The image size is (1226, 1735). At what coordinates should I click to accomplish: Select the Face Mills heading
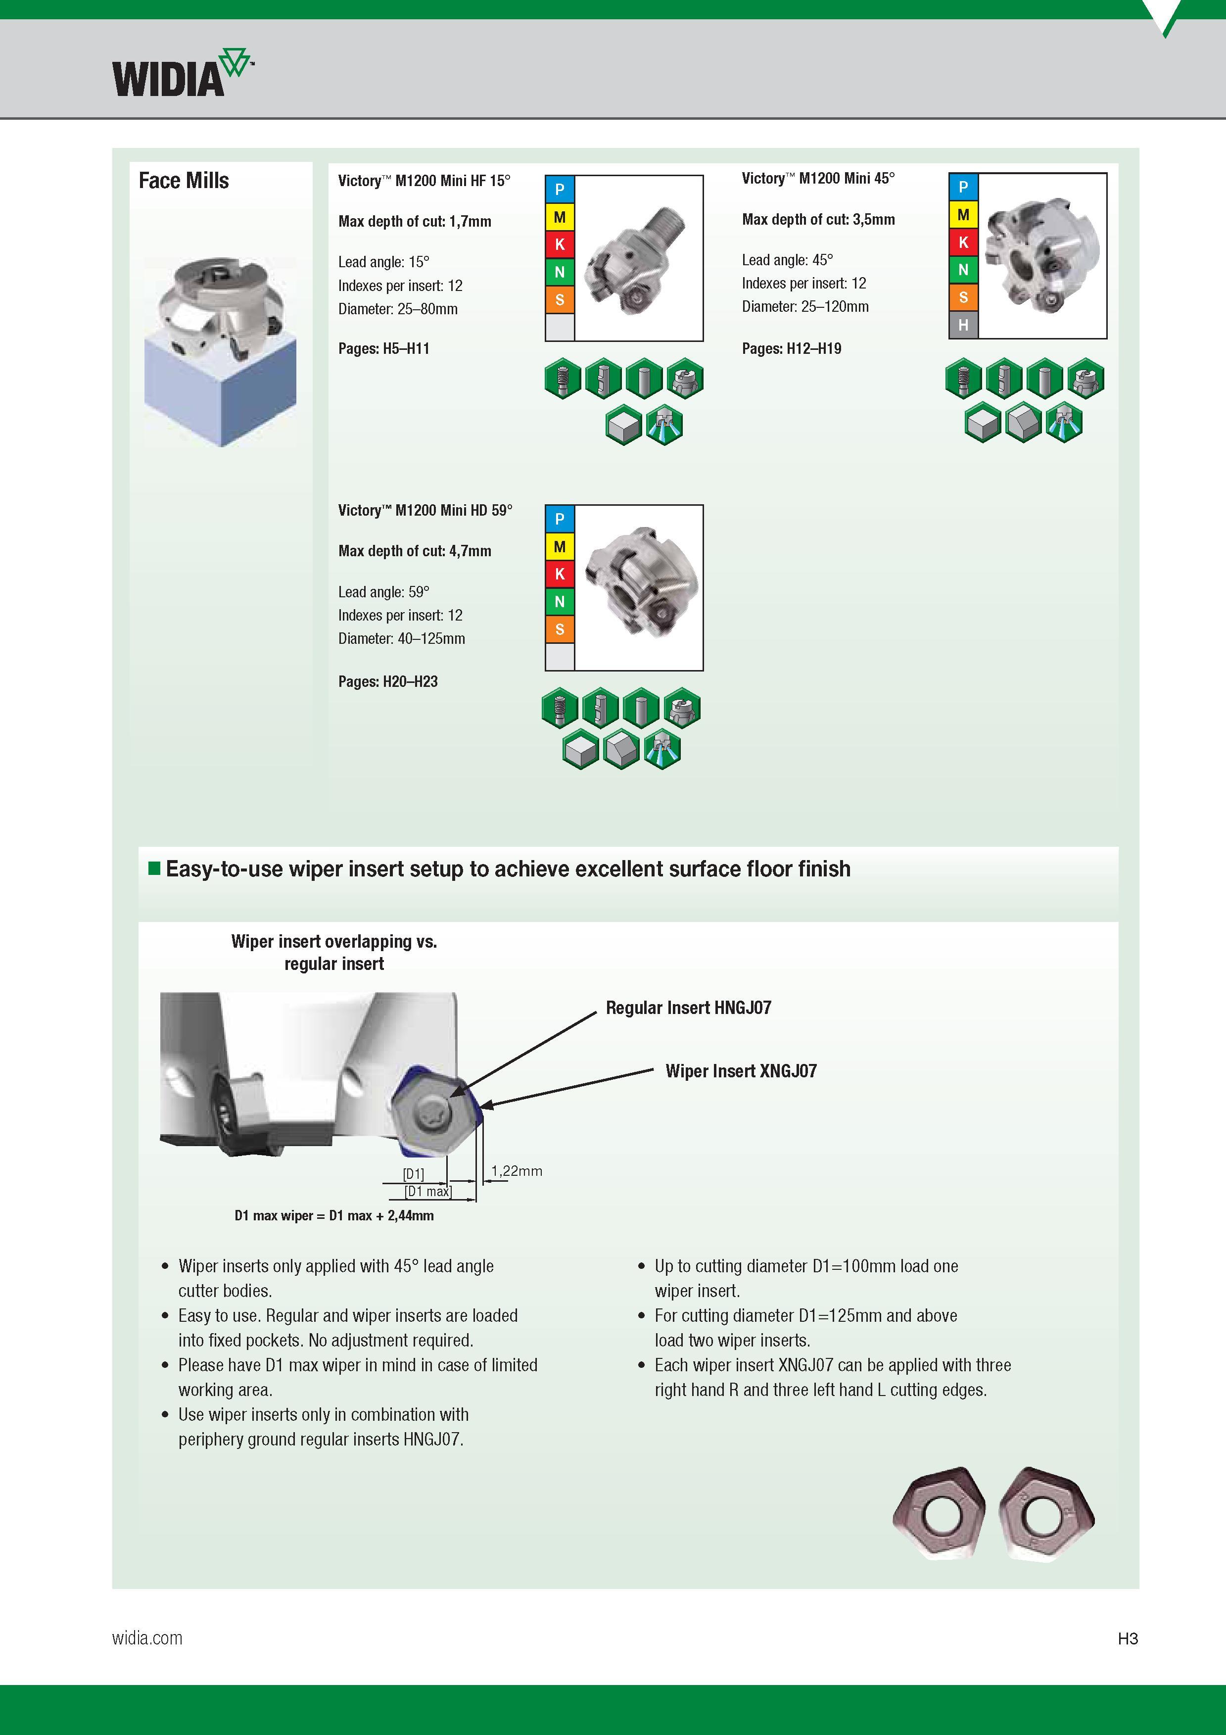(x=184, y=181)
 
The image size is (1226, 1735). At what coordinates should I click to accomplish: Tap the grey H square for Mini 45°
(x=963, y=325)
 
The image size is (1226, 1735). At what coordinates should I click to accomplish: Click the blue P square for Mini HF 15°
(x=560, y=189)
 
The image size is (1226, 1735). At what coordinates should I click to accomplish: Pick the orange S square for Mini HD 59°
(x=560, y=628)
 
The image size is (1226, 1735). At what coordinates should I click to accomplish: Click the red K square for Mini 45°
(x=963, y=242)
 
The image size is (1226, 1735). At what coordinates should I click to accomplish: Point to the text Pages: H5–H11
(x=384, y=348)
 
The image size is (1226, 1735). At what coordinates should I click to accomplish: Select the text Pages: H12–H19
(x=792, y=348)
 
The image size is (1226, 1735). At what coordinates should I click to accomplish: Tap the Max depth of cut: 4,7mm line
(x=415, y=551)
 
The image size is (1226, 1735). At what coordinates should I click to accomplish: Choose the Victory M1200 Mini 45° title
(x=818, y=178)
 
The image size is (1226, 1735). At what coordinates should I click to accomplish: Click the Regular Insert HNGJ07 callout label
(x=688, y=1007)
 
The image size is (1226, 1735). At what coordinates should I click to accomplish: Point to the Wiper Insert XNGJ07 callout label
(x=741, y=1071)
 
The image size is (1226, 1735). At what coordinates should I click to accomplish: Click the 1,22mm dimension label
(x=517, y=1170)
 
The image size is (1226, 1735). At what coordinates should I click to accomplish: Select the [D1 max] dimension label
(x=428, y=1192)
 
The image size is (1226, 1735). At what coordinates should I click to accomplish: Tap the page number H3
(x=1128, y=1639)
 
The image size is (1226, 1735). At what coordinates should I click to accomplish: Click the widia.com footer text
(x=147, y=1639)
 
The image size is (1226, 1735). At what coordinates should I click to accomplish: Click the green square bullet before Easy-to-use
(x=154, y=867)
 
